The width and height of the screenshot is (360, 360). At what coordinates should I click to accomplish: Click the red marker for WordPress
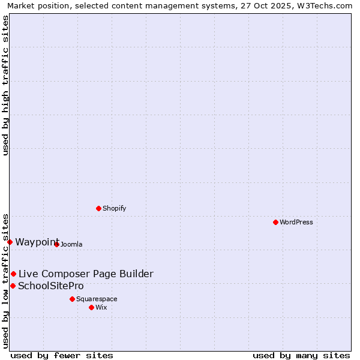[x=275, y=222]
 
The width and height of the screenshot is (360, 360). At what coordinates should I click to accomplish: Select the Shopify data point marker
[x=99, y=208]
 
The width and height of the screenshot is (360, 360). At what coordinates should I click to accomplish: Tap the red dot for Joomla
[x=56, y=244]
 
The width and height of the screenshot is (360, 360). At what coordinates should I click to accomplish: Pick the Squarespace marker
[x=72, y=299]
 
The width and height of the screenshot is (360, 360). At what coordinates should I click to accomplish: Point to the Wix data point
[x=91, y=307]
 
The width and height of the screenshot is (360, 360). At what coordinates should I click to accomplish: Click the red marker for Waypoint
[x=10, y=242]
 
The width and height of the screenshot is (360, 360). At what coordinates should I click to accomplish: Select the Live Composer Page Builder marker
[x=13, y=274]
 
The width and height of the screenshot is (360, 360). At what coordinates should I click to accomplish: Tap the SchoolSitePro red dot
[x=13, y=286]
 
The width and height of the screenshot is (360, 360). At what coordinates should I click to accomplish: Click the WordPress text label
[x=296, y=222]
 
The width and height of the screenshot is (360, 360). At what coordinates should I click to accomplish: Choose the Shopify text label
[x=115, y=208]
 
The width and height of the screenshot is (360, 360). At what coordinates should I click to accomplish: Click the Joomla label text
[x=71, y=244]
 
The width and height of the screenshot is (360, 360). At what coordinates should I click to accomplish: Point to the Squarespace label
[x=97, y=299]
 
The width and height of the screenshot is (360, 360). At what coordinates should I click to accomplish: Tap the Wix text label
[x=101, y=307]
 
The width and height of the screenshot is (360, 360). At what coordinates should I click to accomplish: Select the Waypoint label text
[x=37, y=242]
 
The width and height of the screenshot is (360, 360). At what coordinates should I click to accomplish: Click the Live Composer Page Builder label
[x=86, y=274]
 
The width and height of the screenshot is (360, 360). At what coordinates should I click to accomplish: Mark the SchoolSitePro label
[x=51, y=286]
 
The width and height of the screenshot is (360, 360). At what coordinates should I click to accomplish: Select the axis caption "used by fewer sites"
[x=62, y=355]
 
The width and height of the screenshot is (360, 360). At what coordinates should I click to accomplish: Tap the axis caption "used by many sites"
[x=301, y=355]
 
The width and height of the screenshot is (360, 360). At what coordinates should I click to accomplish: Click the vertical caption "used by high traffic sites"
[x=5, y=86]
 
